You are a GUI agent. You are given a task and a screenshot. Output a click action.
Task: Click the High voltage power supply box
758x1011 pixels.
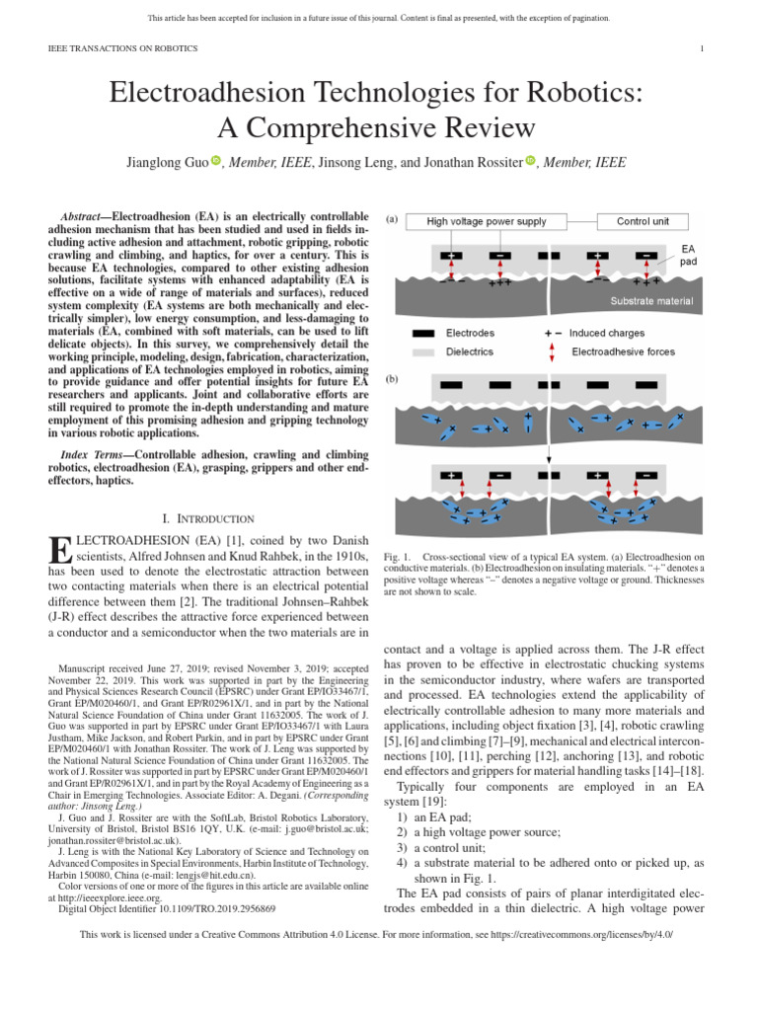pyautogui.click(x=487, y=222)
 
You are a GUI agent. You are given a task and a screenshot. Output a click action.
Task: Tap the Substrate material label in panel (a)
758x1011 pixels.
pyautogui.click(x=651, y=300)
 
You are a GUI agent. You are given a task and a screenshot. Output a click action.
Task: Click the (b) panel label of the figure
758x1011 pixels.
pyautogui.click(x=391, y=378)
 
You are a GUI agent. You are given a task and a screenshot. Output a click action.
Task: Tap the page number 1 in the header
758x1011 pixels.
pyautogui.click(x=700, y=48)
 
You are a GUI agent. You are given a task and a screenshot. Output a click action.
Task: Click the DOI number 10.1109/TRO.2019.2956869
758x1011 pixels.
pyautogui.click(x=210, y=907)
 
